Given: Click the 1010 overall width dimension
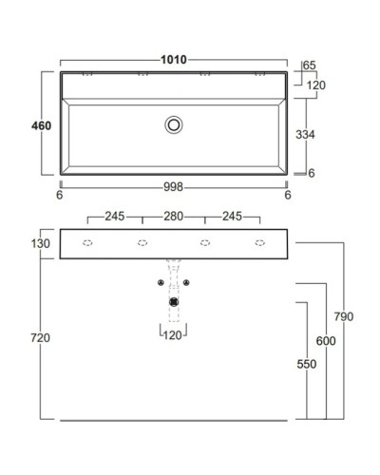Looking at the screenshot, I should pyautogui.click(x=173, y=60).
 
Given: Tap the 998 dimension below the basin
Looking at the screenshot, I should pyautogui.click(x=173, y=186).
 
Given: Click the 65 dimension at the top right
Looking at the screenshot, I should pyautogui.click(x=309, y=66).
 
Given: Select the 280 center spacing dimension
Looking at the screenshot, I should pyautogui.click(x=173, y=216).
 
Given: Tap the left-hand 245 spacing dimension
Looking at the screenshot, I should pyautogui.click(x=115, y=216).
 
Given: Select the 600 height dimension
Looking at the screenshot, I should pyautogui.click(x=326, y=341).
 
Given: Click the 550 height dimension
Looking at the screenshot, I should pyautogui.click(x=306, y=364).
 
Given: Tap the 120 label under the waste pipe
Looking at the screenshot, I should pyautogui.click(x=173, y=335).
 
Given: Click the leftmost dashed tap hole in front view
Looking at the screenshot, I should pyautogui.click(x=86, y=243).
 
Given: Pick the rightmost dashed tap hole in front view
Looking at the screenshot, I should pyautogui.click(x=259, y=243).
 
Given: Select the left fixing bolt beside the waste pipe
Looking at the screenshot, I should pyautogui.click(x=161, y=282).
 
